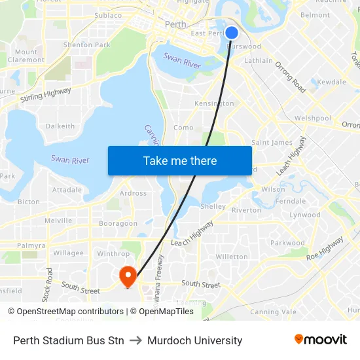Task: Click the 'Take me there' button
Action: coord(180,160)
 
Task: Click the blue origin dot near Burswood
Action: coord(231,32)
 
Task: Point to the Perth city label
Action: coord(175,24)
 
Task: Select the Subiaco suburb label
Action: coord(108,15)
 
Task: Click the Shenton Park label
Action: coord(86,45)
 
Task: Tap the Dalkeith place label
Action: coord(60,126)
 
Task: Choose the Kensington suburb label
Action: coord(214,103)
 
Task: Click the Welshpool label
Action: coord(312,118)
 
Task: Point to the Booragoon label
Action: coord(118,223)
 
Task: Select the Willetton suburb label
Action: coord(232,257)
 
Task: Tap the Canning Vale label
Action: coord(273,312)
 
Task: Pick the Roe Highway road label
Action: coord(325,248)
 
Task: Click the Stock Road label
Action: coord(48,284)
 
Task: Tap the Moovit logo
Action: coord(320,340)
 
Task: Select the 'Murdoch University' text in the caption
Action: coord(194,340)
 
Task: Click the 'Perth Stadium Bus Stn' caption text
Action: coord(69,340)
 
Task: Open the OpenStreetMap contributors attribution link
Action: coord(65,312)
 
